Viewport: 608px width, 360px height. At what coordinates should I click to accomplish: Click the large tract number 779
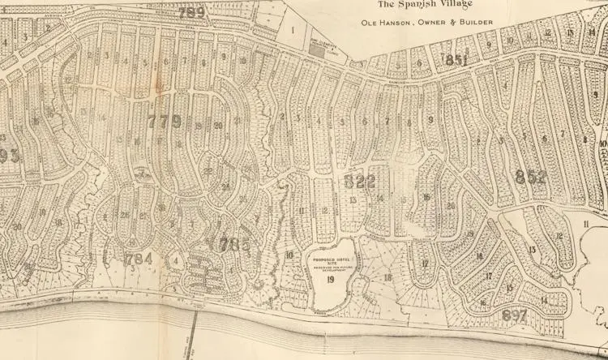(x=165, y=122)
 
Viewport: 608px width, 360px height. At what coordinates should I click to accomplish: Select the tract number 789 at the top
(x=191, y=12)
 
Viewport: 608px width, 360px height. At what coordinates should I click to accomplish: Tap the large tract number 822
(x=360, y=181)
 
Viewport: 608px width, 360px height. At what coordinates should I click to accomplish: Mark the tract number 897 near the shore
(x=514, y=315)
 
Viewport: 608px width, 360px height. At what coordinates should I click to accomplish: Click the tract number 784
(x=139, y=259)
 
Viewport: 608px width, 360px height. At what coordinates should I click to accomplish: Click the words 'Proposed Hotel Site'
(x=329, y=263)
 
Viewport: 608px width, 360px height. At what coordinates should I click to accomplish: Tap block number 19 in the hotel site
(x=331, y=280)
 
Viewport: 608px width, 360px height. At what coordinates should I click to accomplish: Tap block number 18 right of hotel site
(x=387, y=277)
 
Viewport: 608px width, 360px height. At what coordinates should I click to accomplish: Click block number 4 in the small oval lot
(x=176, y=260)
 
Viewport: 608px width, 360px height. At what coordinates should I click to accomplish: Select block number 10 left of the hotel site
(x=289, y=255)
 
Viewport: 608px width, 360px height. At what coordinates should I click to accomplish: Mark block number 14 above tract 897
(x=544, y=300)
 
